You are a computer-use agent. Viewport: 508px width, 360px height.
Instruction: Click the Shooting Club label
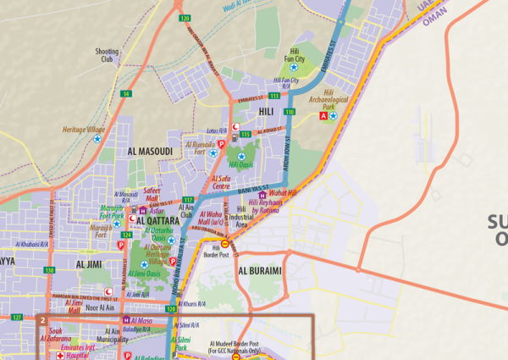coord(108,55)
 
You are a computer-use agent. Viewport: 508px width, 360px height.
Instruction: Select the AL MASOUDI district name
coord(150,152)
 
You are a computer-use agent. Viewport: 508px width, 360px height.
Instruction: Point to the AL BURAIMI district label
coord(266,271)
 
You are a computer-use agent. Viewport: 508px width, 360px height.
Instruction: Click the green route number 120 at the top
coord(185,17)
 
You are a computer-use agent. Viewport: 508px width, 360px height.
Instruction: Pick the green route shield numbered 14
coord(125,93)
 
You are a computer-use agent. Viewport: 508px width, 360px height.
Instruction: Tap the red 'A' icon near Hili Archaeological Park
coord(321,116)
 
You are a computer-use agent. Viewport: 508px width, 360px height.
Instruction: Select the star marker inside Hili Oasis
coord(241,157)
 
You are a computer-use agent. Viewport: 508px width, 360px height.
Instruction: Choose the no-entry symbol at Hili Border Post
coord(225,244)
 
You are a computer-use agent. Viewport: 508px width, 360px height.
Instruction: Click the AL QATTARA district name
coord(149,214)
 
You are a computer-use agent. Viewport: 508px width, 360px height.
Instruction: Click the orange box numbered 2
coord(41,321)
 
